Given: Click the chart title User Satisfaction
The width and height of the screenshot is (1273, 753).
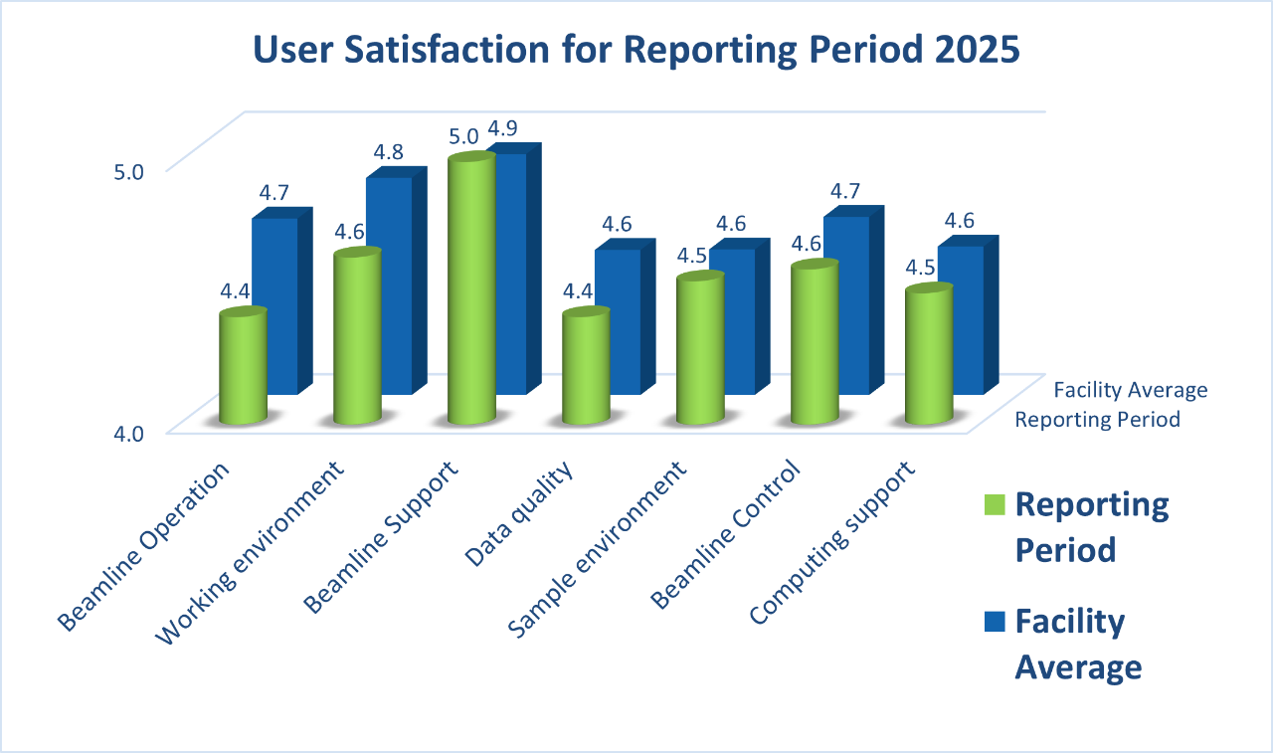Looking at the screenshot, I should [636, 51].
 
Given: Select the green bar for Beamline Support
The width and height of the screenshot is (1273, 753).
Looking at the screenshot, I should [470, 288].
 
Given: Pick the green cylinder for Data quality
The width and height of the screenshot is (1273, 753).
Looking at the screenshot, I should [585, 368].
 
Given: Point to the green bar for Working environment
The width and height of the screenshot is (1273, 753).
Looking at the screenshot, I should [356, 338].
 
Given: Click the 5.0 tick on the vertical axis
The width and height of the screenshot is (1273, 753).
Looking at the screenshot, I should [129, 171].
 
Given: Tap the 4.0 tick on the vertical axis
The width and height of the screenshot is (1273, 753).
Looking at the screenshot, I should [129, 432].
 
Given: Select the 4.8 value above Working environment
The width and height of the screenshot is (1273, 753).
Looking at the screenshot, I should [388, 153].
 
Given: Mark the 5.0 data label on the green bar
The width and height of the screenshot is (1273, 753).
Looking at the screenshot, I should [463, 136].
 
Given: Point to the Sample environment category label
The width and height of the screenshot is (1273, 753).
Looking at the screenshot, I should [600, 550].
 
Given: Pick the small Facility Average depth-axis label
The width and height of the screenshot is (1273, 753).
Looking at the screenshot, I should [1131, 390].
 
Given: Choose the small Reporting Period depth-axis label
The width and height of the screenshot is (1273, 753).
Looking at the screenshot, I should [1097, 420].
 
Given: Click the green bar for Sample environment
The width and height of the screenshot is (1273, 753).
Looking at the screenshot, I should [699, 348].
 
